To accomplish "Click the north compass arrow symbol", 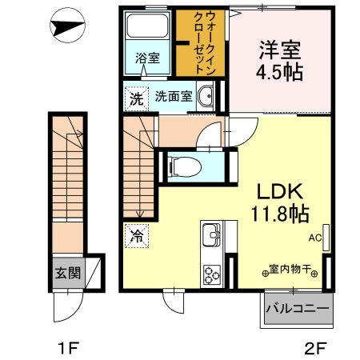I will tap(68, 26).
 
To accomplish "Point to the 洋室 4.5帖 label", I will tap(280, 60).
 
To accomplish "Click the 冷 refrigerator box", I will tap(135, 236).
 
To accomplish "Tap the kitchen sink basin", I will tap(212, 236).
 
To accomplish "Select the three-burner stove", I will tap(212, 274).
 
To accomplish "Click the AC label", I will tap(314, 237).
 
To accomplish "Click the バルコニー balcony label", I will tap(297, 308).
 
